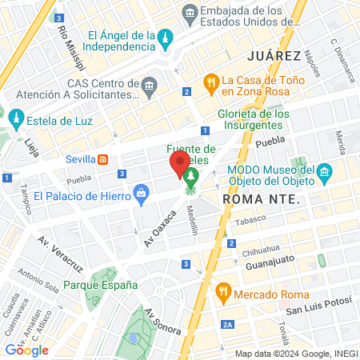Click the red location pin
(178, 165)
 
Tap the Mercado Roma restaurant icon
(223, 293)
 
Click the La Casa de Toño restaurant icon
(210, 80)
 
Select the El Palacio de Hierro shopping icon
(142, 193)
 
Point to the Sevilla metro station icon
(103, 158)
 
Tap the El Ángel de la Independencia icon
(166, 38)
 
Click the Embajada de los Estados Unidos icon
(190, 11)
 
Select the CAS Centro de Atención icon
(150, 85)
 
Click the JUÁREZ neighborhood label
(274, 56)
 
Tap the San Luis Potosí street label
(317, 309)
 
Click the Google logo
(26, 350)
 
